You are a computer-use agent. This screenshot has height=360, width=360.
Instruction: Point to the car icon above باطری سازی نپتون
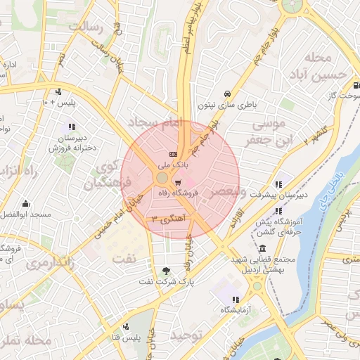tap(227, 94)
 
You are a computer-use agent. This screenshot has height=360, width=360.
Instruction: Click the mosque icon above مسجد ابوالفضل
tap(25, 203)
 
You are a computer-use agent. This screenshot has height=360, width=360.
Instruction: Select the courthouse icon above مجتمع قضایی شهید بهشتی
tap(262, 249)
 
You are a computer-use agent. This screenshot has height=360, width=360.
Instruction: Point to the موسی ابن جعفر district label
tap(262, 134)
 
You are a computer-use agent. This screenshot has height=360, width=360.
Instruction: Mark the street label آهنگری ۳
tap(167, 219)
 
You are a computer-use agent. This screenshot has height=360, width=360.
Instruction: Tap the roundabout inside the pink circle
tap(162, 178)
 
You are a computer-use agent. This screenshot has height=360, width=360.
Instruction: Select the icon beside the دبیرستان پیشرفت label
tap(279, 185)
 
